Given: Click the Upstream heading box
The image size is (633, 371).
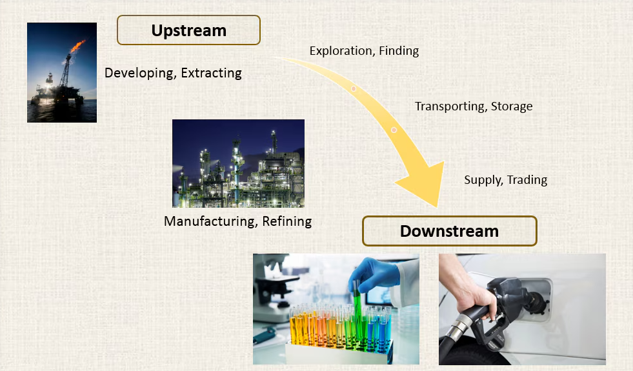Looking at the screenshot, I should pyautogui.click(x=188, y=30).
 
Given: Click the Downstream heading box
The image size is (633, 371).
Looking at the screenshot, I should pyautogui.click(x=449, y=231).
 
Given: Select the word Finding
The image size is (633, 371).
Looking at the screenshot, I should pyautogui.click(x=398, y=50).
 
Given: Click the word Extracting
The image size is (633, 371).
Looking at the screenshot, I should pyautogui.click(x=211, y=73).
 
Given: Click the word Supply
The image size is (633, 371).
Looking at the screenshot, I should pyautogui.click(x=483, y=180).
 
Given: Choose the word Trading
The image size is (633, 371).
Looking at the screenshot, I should pyautogui.click(x=527, y=180).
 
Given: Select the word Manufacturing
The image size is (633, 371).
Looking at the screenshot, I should pyautogui.click(x=212, y=221).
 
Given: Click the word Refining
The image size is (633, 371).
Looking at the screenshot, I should pyautogui.click(x=287, y=221).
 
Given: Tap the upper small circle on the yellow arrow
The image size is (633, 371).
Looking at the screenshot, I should pyautogui.click(x=354, y=88).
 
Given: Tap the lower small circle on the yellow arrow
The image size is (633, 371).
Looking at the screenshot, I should pyautogui.click(x=394, y=130).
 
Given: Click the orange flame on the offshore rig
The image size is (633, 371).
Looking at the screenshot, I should pyautogui.click(x=77, y=45).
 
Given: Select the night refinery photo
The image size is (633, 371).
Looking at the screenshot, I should pyautogui.click(x=238, y=163).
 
